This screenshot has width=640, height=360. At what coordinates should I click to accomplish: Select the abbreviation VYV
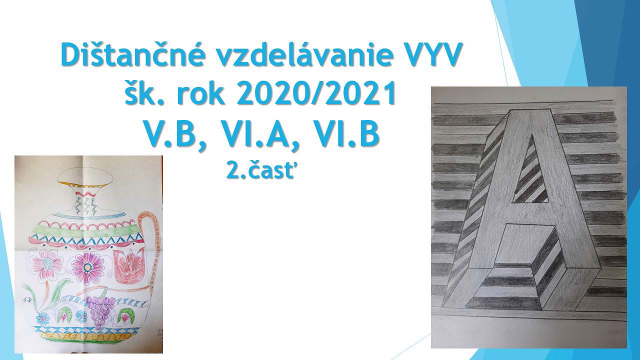click(433, 55)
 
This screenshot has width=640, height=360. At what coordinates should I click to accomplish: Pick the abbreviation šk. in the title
click(145, 93)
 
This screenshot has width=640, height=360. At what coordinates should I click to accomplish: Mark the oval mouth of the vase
click(85, 176)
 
